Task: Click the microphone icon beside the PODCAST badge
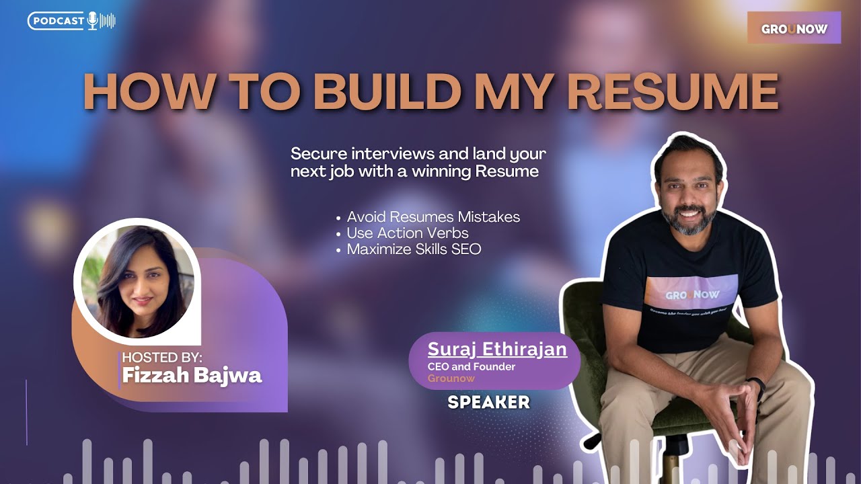pos(92,21)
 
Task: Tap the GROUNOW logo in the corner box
pos(794,29)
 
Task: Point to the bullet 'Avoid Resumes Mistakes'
pos(433,217)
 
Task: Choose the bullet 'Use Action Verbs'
pos(408,233)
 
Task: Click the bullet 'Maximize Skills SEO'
pos(414,249)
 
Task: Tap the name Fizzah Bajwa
pos(192,374)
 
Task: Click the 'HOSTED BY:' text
pos(162,358)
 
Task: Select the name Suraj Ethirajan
pos(497,350)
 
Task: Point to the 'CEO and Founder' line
pos(472,367)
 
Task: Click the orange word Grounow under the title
pos(451,378)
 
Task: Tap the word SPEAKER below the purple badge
pos(489,403)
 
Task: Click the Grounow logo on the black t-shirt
pos(692,294)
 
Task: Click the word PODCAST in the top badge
pos(58,21)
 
